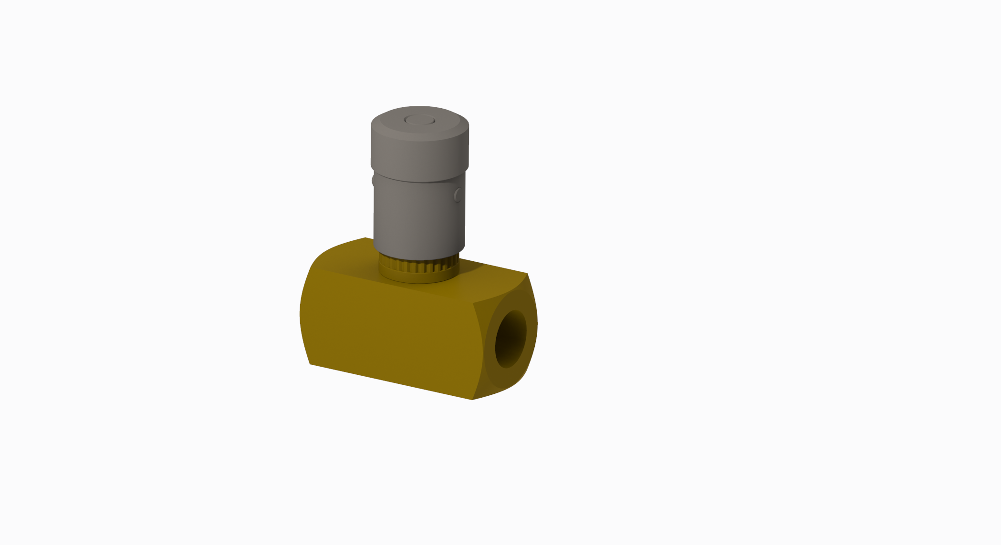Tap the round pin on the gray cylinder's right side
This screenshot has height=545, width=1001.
(x=458, y=195)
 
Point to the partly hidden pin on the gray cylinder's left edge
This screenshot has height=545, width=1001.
(x=374, y=181)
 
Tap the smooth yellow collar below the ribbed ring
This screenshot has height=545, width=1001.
(x=418, y=277)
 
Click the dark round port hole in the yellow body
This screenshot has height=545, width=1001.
(x=510, y=339)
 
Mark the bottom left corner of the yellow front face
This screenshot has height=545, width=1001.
(x=311, y=364)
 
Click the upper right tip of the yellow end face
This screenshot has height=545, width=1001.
(x=527, y=274)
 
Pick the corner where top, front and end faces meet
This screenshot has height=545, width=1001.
(x=473, y=302)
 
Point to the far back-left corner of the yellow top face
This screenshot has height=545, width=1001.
(x=365, y=238)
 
